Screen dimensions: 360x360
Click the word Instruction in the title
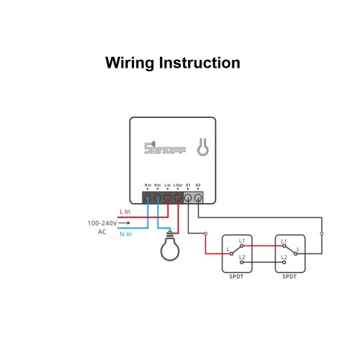tap(199, 63)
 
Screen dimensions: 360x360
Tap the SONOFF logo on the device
tap(165, 148)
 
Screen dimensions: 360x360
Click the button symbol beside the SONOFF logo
tap(203, 147)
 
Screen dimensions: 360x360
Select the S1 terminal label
tap(188, 185)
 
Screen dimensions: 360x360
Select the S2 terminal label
tap(198, 185)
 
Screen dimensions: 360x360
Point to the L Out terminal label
tap(178, 185)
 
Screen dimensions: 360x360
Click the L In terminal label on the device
tap(168, 185)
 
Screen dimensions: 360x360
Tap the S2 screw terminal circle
tap(198, 198)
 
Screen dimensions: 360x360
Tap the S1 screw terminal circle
tap(188, 198)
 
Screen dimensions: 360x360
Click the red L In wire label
tap(125, 212)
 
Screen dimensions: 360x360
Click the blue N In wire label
tap(126, 234)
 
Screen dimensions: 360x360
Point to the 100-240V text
tap(102, 223)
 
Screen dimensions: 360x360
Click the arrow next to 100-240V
tap(124, 223)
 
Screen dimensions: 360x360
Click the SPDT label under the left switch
tap(236, 276)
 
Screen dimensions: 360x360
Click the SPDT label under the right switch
tap(289, 276)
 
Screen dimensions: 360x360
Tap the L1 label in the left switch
tap(242, 240)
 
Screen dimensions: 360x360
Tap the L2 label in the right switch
tap(284, 257)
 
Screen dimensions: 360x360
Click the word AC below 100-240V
tap(102, 232)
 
